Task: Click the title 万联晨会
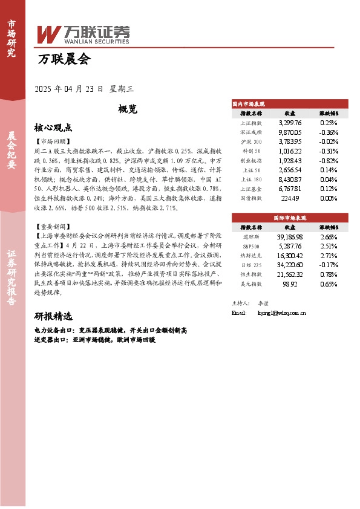point(63,59)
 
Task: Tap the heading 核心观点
point(53,128)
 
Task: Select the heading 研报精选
point(53,317)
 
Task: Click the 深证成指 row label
point(250,131)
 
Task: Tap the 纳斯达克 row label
point(250,256)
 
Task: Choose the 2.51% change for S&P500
point(329,247)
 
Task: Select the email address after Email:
point(281,313)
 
